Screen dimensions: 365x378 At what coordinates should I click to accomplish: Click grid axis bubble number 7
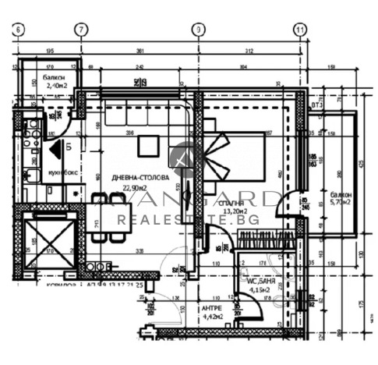[80, 30]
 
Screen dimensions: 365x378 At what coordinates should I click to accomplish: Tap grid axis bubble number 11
[299, 30]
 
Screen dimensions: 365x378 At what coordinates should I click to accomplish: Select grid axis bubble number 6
[18, 30]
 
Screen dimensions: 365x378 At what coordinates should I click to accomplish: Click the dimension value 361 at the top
[140, 51]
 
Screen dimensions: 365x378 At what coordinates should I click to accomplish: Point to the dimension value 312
[248, 51]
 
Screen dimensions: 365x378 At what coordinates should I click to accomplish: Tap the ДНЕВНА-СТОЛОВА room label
[140, 178]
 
